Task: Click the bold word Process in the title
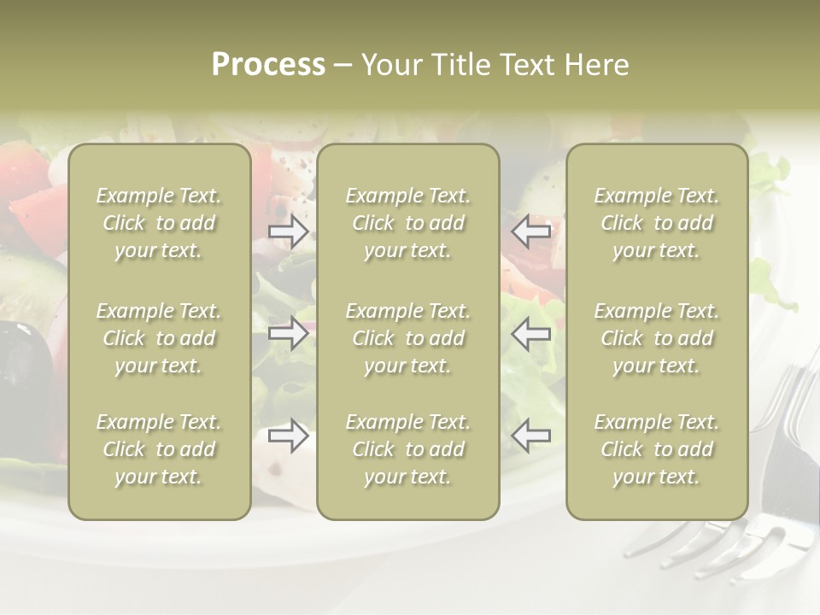click(x=268, y=65)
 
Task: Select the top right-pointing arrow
click(x=289, y=231)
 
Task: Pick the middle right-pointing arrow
click(x=289, y=333)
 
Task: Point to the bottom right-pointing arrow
click(x=289, y=436)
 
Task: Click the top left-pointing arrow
click(x=531, y=231)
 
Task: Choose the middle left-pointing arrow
click(x=531, y=333)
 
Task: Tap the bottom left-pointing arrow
click(x=531, y=436)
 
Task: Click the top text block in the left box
click(x=159, y=223)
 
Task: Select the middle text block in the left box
click(x=159, y=338)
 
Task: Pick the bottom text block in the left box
click(x=159, y=449)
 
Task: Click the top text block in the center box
click(x=408, y=223)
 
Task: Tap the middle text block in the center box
click(x=408, y=338)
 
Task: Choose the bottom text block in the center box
click(x=408, y=449)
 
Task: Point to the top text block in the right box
click(x=657, y=223)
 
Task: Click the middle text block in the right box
click(x=657, y=338)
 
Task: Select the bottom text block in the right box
click(x=657, y=449)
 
